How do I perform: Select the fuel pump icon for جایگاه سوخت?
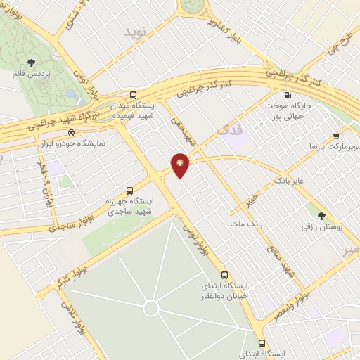click(x=287, y=96)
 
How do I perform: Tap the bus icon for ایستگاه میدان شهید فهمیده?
click(x=134, y=96)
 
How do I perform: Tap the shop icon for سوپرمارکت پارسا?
click(x=336, y=136)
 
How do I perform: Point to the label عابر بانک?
click(x=289, y=181)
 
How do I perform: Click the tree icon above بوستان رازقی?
click(x=322, y=216)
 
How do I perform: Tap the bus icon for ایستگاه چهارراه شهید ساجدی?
click(x=129, y=190)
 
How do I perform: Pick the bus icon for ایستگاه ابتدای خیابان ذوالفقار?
click(x=225, y=274)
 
